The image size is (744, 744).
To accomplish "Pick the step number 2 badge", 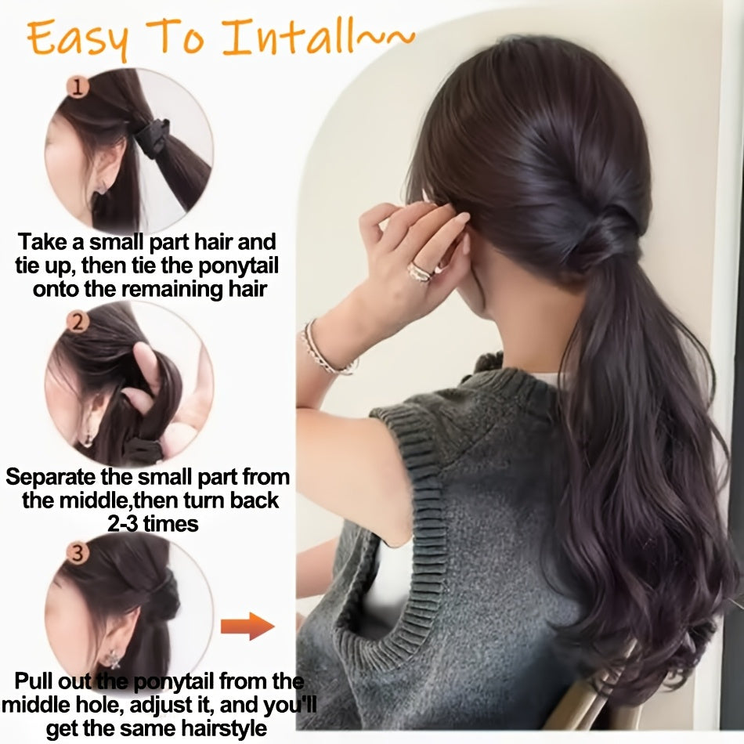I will click(x=77, y=321).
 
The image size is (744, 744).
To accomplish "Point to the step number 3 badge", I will click(x=77, y=554).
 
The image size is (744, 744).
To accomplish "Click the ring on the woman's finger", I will click(x=421, y=272).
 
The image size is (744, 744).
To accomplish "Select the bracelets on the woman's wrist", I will click(x=323, y=349).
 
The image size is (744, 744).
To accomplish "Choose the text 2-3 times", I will click(x=152, y=523).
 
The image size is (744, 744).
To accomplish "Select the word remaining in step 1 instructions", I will click(x=171, y=288).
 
